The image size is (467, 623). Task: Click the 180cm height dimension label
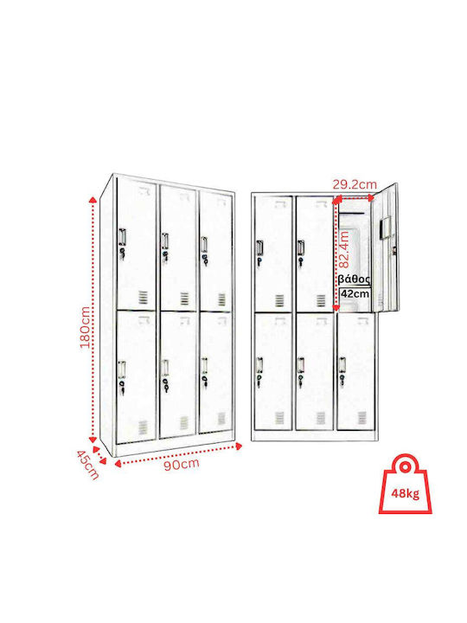point(86,327)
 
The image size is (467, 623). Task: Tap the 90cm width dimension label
point(182,465)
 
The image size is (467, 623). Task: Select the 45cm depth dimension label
point(87,465)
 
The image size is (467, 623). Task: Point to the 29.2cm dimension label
point(355,184)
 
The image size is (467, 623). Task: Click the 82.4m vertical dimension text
point(344,249)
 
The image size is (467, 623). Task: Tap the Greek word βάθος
point(355,279)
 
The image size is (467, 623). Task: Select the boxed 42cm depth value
point(355,294)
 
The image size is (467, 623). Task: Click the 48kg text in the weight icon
point(405,493)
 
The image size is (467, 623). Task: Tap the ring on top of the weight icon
point(405,466)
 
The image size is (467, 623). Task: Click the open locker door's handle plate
point(384,228)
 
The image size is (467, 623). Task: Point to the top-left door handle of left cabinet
point(122,236)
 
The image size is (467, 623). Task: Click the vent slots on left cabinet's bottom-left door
point(143,427)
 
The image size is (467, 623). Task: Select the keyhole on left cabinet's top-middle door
point(165,254)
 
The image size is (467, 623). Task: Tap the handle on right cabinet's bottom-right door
point(342,364)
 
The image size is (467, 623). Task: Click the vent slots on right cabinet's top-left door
point(280,301)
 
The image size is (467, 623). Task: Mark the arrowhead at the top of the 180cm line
point(93,199)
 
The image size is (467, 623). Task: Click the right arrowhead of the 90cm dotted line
point(239,446)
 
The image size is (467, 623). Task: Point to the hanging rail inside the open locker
point(351,215)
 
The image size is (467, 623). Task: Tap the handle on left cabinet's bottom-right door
point(204,365)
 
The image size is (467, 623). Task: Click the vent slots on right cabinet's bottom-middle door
point(321,418)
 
